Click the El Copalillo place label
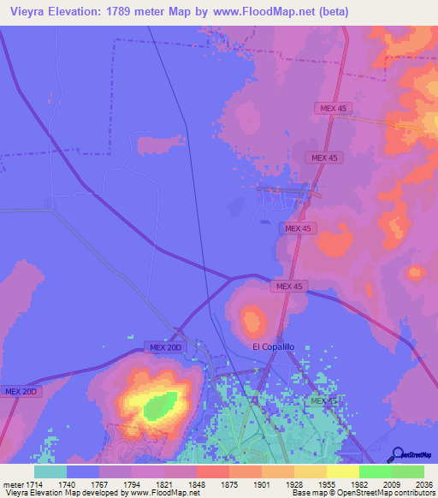[x=274, y=347]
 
